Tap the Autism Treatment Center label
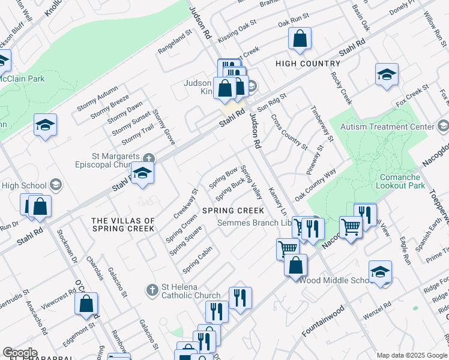pyautogui.click(x=387, y=127)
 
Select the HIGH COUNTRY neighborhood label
pyautogui.click(x=307, y=64)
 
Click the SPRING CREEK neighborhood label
pyautogui.click(x=233, y=211)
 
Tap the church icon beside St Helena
pyautogui.click(x=152, y=290)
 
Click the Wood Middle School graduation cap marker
pyautogui.click(x=381, y=271)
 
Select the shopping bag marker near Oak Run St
pyautogui.click(x=300, y=39)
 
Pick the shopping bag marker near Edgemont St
pyautogui.click(x=86, y=304)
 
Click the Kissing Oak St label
pyautogui.click(x=237, y=29)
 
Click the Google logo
pyautogui.click(x=20, y=353)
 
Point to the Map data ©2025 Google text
pyautogui.click(x=411, y=355)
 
